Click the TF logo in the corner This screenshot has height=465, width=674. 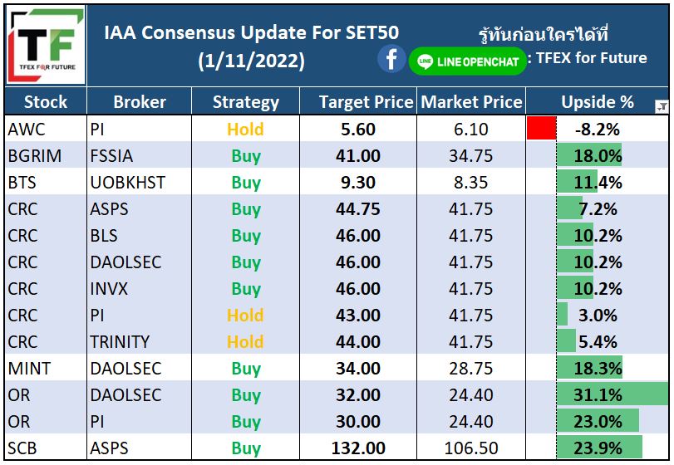pos(46,45)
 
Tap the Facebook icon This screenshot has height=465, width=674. pos(391,59)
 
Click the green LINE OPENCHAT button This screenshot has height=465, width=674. pos(468,61)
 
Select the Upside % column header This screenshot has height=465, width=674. pos(597,102)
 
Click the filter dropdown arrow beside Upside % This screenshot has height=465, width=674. pos(662,106)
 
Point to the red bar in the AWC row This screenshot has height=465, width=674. pos(542,128)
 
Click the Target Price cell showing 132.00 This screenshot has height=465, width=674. pos(358,448)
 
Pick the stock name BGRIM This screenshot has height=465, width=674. pos(35,156)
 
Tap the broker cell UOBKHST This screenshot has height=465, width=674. pos(128,183)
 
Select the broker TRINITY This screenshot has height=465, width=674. pos(120,342)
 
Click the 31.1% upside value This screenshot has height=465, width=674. pos(598,395)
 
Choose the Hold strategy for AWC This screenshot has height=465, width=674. pos(245,130)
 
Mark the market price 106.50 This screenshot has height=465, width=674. pos(471,448)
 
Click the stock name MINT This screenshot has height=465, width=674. pos(29,369)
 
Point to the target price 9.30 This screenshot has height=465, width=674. pos(358,183)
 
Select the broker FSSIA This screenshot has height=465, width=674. pos(111,156)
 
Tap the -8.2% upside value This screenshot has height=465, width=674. pos(598,130)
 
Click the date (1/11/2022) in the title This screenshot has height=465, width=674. pos(252,61)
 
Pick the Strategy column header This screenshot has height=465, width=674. pos(246,102)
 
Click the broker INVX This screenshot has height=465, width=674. pos(109,288)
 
